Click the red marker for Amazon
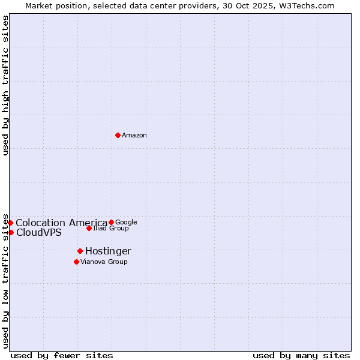[118, 135]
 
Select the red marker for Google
[111, 222]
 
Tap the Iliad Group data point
[89, 228]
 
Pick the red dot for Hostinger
[80, 251]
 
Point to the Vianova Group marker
[76, 262]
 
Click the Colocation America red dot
[10, 223]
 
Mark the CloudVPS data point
[11, 232]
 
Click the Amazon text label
[134, 136]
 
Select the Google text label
[126, 222]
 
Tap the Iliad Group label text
[111, 229]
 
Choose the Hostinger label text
[108, 251]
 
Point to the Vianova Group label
[104, 262]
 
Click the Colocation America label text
[61, 223]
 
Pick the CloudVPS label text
[39, 233]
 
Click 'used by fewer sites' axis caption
[62, 355]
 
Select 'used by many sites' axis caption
[301, 355]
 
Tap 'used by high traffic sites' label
[5, 85]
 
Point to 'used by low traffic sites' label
[5, 281]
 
